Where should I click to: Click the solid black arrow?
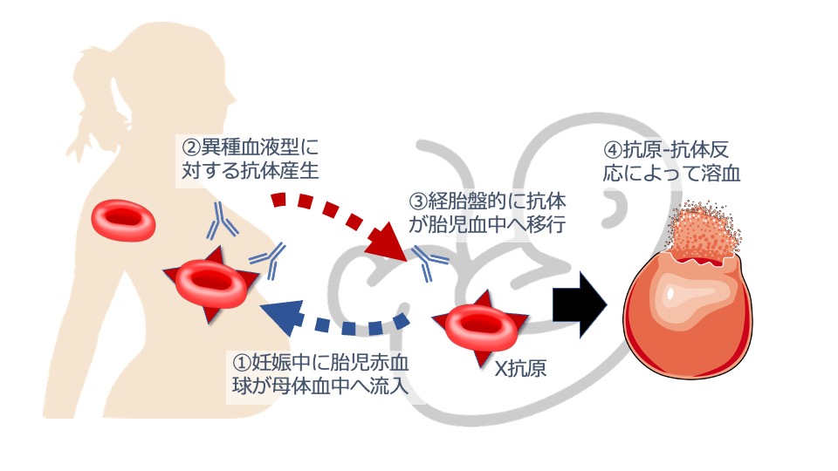[580, 303]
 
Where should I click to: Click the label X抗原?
[520, 368]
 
